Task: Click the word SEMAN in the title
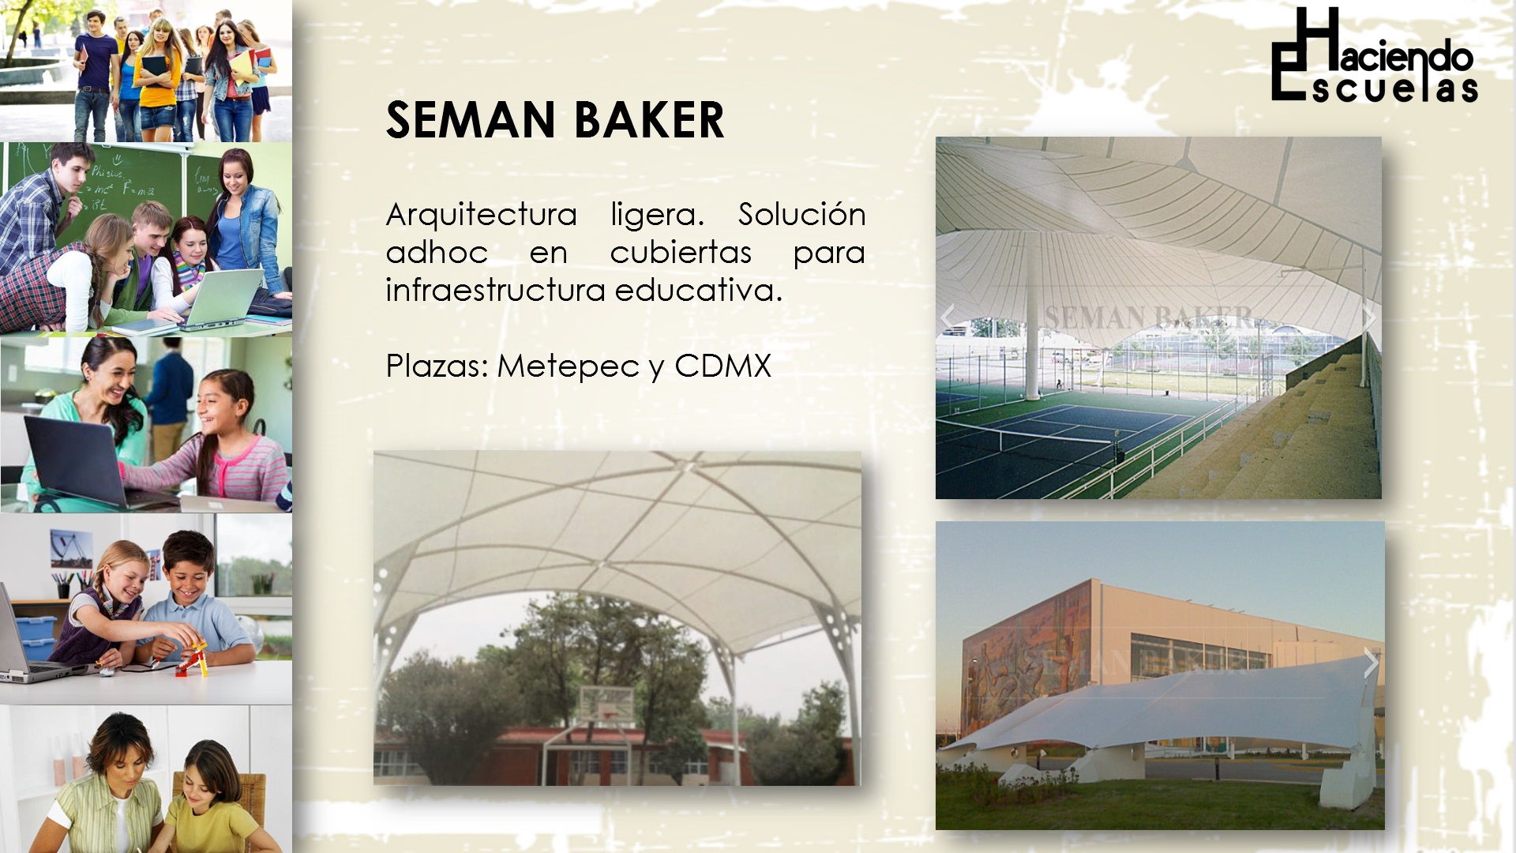[x=471, y=120]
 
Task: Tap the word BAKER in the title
[x=649, y=120]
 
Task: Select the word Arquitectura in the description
[x=481, y=215]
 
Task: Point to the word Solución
[x=802, y=214]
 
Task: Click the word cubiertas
[x=681, y=253]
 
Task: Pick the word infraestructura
[x=495, y=290]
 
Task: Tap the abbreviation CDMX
[x=722, y=366]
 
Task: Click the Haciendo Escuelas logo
[x=1374, y=55]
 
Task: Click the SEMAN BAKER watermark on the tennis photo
[x=1149, y=318]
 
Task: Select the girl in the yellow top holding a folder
[x=159, y=79]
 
